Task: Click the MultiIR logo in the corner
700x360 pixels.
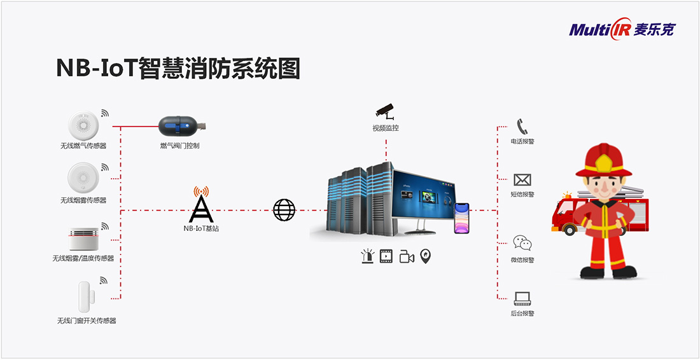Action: pyautogui.click(x=621, y=30)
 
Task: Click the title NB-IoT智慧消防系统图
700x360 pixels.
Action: pyautogui.click(x=178, y=68)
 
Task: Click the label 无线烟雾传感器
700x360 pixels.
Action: pyautogui.click(x=83, y=200)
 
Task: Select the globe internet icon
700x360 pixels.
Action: pyautogui.click(x=284, y=210)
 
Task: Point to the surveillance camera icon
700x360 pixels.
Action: pyautogui.click(x=385, y=111)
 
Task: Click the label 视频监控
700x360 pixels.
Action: pyautogui.click(x=386, y=128)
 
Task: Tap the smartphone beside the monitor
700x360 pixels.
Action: pyautogui.click(x=461, y=218)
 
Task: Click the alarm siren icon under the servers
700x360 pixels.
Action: pyautogui.click(x=367, y=256)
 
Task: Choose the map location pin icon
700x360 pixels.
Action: pyautogui.click(x=426, y=256)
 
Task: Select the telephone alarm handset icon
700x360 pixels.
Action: pyautogui.click(x=522, y=126)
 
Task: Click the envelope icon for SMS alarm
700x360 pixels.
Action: pyautogui.click(x=522, y=180)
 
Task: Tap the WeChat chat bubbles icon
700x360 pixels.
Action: pyautogui.click(x=522, y=243)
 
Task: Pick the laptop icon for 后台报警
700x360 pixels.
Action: pyautogui.click(x=522, y=298)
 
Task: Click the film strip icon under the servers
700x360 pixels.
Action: pyautogui.click(x=386, y=256)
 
